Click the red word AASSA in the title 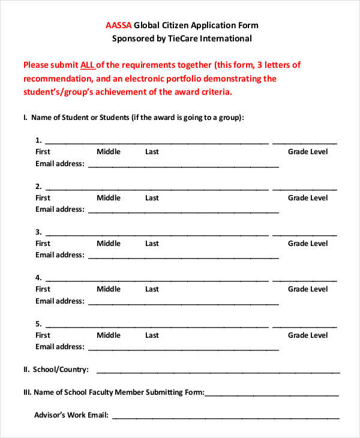[x=118, y=25]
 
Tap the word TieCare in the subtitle [x=183, y=38]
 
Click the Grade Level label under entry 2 [x=308, y=198]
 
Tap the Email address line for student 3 [x=183, y=258]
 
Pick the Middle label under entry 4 [x=109, y=289]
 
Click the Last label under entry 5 [x=152, y=335]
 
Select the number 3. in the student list [x=38, y=232]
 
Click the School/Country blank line [x=217, y=372]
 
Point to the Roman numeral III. [x=27, y=393]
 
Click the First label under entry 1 [x=43, y=152]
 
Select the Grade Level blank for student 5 [x=304, y=326]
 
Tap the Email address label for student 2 [x=59, y=209]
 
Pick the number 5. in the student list [x=38, y=324]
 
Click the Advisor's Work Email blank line [x=226, y=418]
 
